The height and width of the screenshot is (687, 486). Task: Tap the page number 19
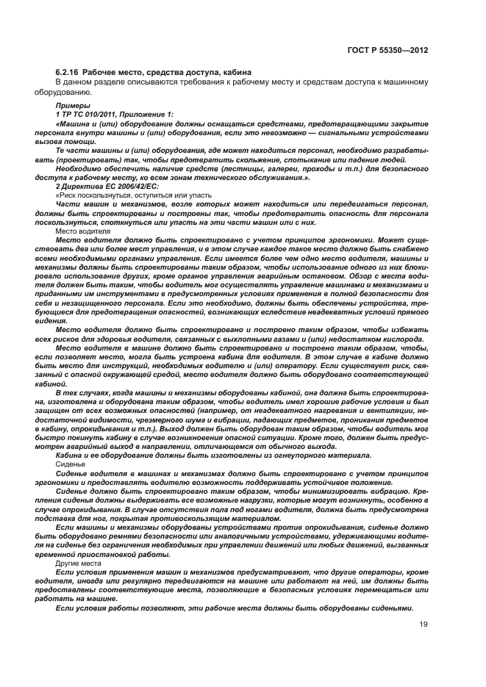[x=424, y=644]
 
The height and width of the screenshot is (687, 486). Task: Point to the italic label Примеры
[x=71, y=106]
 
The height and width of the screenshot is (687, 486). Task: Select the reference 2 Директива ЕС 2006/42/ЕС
[x=99, y=187]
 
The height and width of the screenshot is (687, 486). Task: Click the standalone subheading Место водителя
[x=82, y=231]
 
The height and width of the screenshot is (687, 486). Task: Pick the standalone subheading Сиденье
[x=72, y=465]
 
